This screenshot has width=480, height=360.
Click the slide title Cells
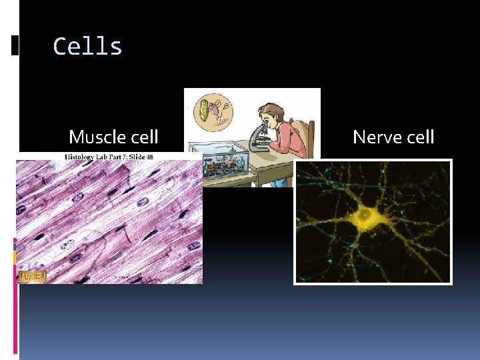[x=87, y=47]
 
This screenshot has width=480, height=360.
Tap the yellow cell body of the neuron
[x=365, y=215]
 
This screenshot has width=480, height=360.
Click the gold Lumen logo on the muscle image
[x=32, y=275]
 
